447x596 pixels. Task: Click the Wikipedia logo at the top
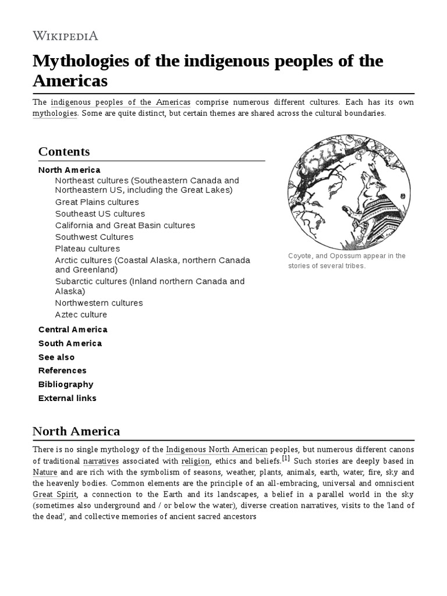click(x=65, y=36)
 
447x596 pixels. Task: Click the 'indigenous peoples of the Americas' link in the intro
click(x=120, y=102)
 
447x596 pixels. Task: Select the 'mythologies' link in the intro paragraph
click(x=55, y=113)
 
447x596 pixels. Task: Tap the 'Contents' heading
click(x=64, y=152)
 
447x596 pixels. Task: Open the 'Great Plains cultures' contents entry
click(x=97, y=202)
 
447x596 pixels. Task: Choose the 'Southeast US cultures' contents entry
click(x=100, y=214)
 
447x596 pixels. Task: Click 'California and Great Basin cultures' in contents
click(x=125, y=225)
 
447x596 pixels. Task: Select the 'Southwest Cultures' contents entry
click(x=94, y=237)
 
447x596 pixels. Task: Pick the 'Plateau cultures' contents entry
click(x=87, y=249)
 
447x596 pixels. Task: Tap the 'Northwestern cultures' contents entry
click(x=99, y=303)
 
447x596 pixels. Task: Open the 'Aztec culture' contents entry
click(x=81, y=314)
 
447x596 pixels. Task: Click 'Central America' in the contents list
click(x=73, y=329)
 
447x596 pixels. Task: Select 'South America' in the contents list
click(x=70, y=343)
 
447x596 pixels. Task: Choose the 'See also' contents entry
click(x=56, y=357)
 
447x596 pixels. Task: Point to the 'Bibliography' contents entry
click(x=66, y=384)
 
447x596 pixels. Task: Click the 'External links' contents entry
click(x=68, y=398)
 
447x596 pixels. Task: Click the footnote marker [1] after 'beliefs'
click(x=286, y=458)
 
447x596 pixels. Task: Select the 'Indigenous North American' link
click(x=217, y=450)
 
